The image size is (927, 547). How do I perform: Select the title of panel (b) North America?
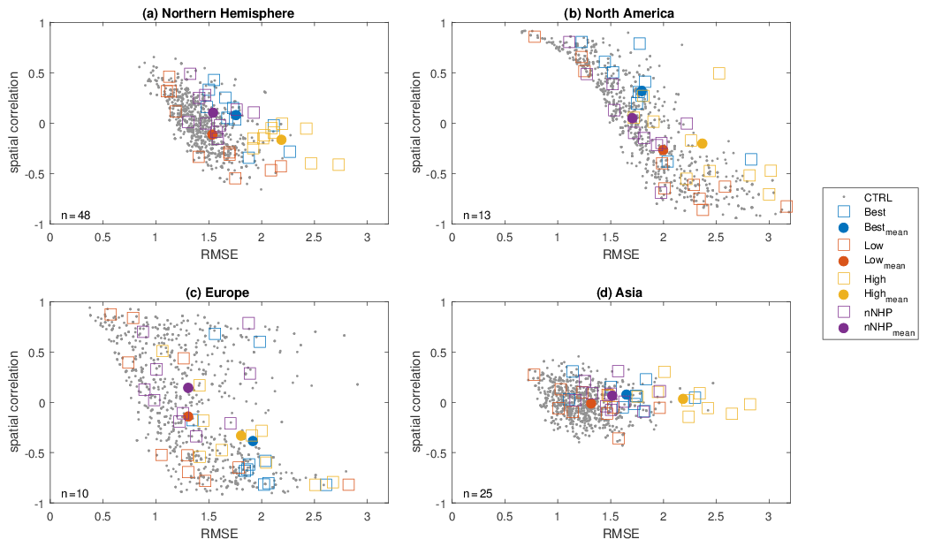click(x=619, y=12)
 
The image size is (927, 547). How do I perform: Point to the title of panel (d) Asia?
click(x=619, y=292)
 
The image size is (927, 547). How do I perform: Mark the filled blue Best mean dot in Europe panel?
click(x=253, y=441)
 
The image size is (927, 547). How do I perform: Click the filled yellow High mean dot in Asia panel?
click(x=683, y=399)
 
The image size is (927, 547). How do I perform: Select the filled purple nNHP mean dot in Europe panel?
click(x=187, y=388)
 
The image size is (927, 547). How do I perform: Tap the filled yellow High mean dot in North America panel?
click(x=703, y=144)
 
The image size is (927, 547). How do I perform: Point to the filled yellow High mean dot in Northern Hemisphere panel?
click(x=281, y=140)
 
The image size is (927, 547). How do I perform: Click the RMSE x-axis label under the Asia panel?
click(x=619, y=534)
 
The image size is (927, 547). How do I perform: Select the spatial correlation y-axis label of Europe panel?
click(x=15, y=403)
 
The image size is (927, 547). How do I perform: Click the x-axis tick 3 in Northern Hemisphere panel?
click(x=367, y=238)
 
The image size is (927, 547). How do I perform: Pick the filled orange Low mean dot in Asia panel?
click(x=591, y=404)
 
